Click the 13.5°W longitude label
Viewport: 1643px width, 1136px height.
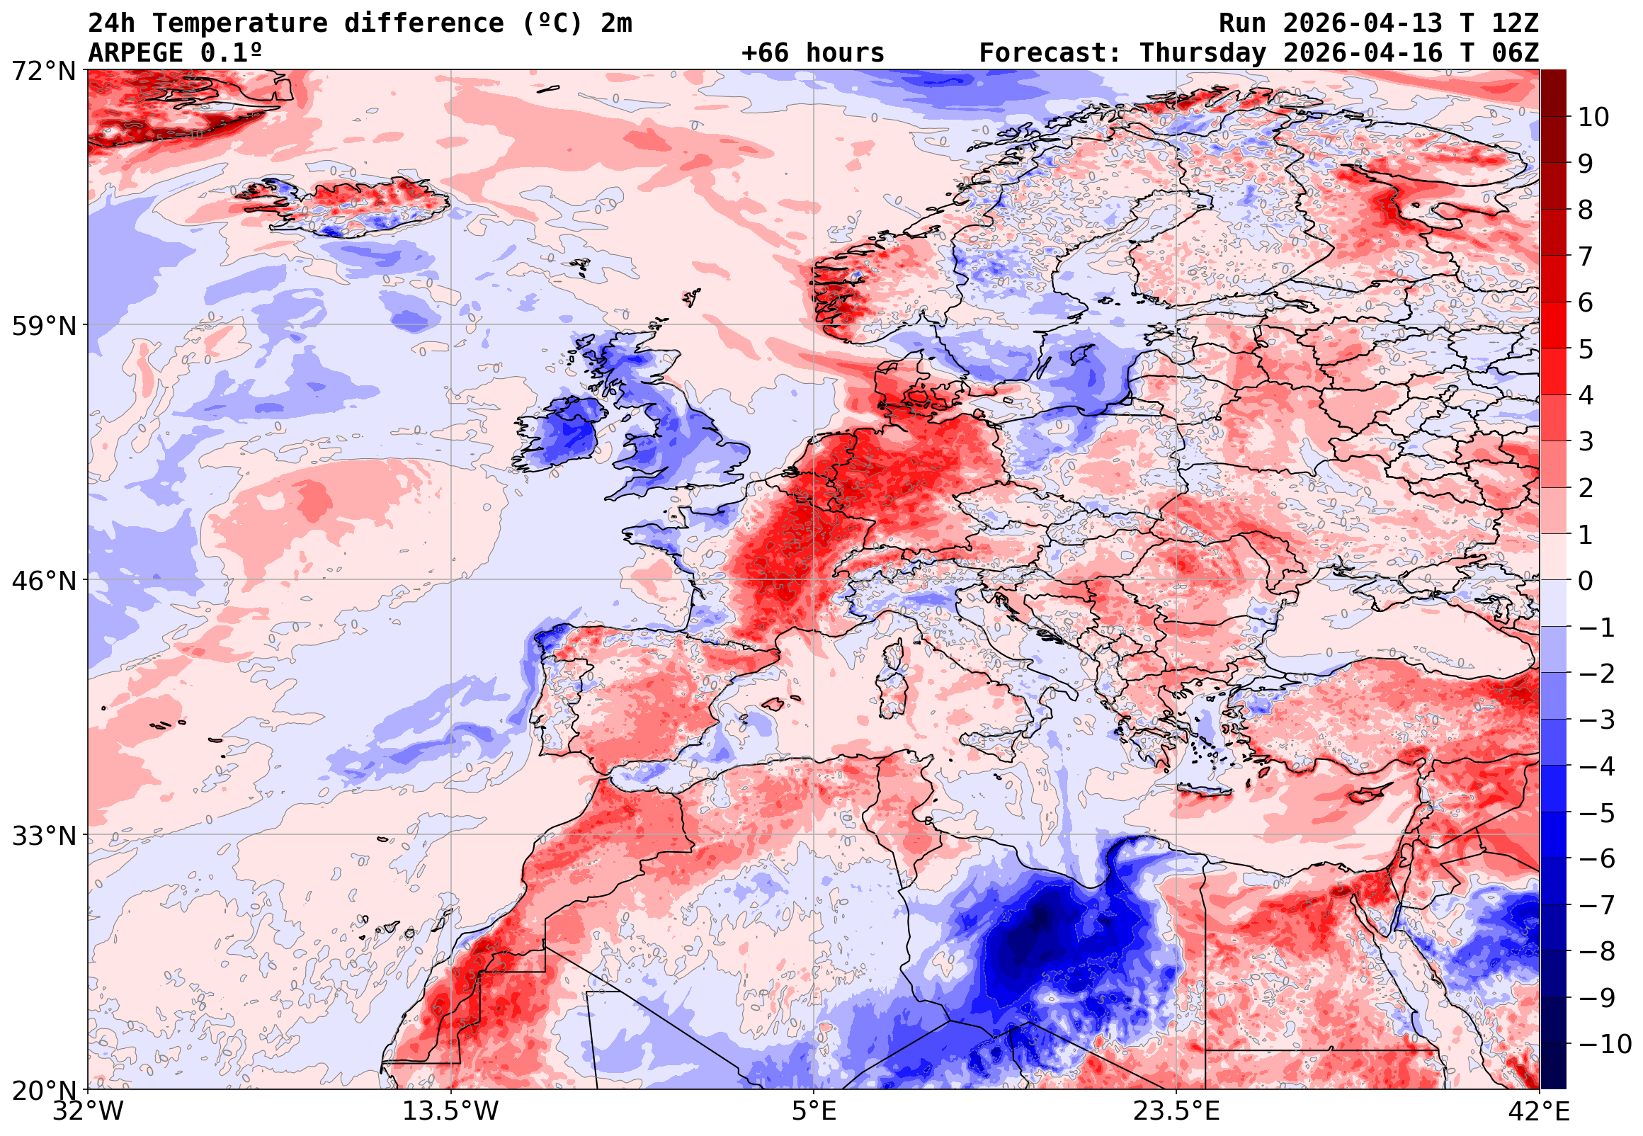click(x=451, y=1112)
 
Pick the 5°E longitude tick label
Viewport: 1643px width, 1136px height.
click(x=814, y=1112)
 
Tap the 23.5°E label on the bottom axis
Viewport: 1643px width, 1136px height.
click(x=1176, y=1112)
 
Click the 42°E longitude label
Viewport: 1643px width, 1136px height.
click(x=1538, y=1112)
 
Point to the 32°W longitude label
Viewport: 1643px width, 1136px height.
click(x=89, y=1112)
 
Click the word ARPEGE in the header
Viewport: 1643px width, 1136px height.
click(x=136, y=53)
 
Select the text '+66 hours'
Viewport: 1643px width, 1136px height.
click(x=812, y=53)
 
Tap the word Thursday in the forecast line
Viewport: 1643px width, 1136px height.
click(x=1203, y=53)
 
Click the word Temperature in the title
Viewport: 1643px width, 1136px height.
click(x=240, y=23)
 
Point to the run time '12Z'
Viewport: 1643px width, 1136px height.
click(x=1515, y=23)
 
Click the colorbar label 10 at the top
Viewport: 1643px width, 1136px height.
click(x=1593, y=118)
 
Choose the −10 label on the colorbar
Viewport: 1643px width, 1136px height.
click(x=1605, y=1044)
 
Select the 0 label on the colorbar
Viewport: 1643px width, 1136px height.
click(x=1586, y=581)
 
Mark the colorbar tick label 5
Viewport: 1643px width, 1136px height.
click(x=1586, y=349)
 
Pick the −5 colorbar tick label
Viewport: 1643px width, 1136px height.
click(x=1597, y=813)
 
